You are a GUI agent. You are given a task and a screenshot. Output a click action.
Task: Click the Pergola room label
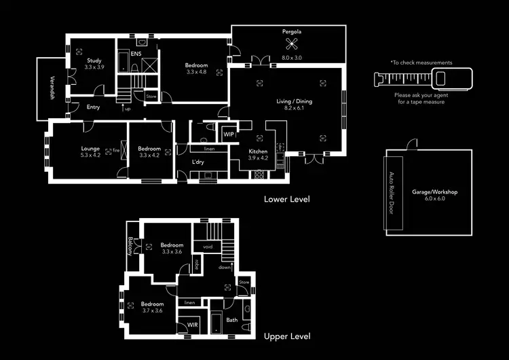292,32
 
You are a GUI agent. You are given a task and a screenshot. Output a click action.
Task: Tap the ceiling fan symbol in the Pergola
292,46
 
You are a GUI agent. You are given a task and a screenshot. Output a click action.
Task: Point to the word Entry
93,107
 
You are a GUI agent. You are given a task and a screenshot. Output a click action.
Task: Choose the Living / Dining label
294,101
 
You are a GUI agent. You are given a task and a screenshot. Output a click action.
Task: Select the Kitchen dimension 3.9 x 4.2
259,158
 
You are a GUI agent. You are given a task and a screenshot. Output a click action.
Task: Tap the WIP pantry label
229,134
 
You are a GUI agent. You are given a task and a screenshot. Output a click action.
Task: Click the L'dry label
198,162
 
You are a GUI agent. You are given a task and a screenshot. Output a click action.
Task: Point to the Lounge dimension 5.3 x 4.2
90,156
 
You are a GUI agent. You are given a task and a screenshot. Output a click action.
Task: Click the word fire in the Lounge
116,149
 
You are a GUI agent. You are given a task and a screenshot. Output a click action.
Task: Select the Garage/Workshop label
434,193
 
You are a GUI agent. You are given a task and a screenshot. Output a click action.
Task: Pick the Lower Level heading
286,199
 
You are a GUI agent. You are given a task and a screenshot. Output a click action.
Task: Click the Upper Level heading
287,336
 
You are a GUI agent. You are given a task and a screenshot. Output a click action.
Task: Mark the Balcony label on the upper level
130,246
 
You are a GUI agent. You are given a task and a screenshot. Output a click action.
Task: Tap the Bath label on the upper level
232,320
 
